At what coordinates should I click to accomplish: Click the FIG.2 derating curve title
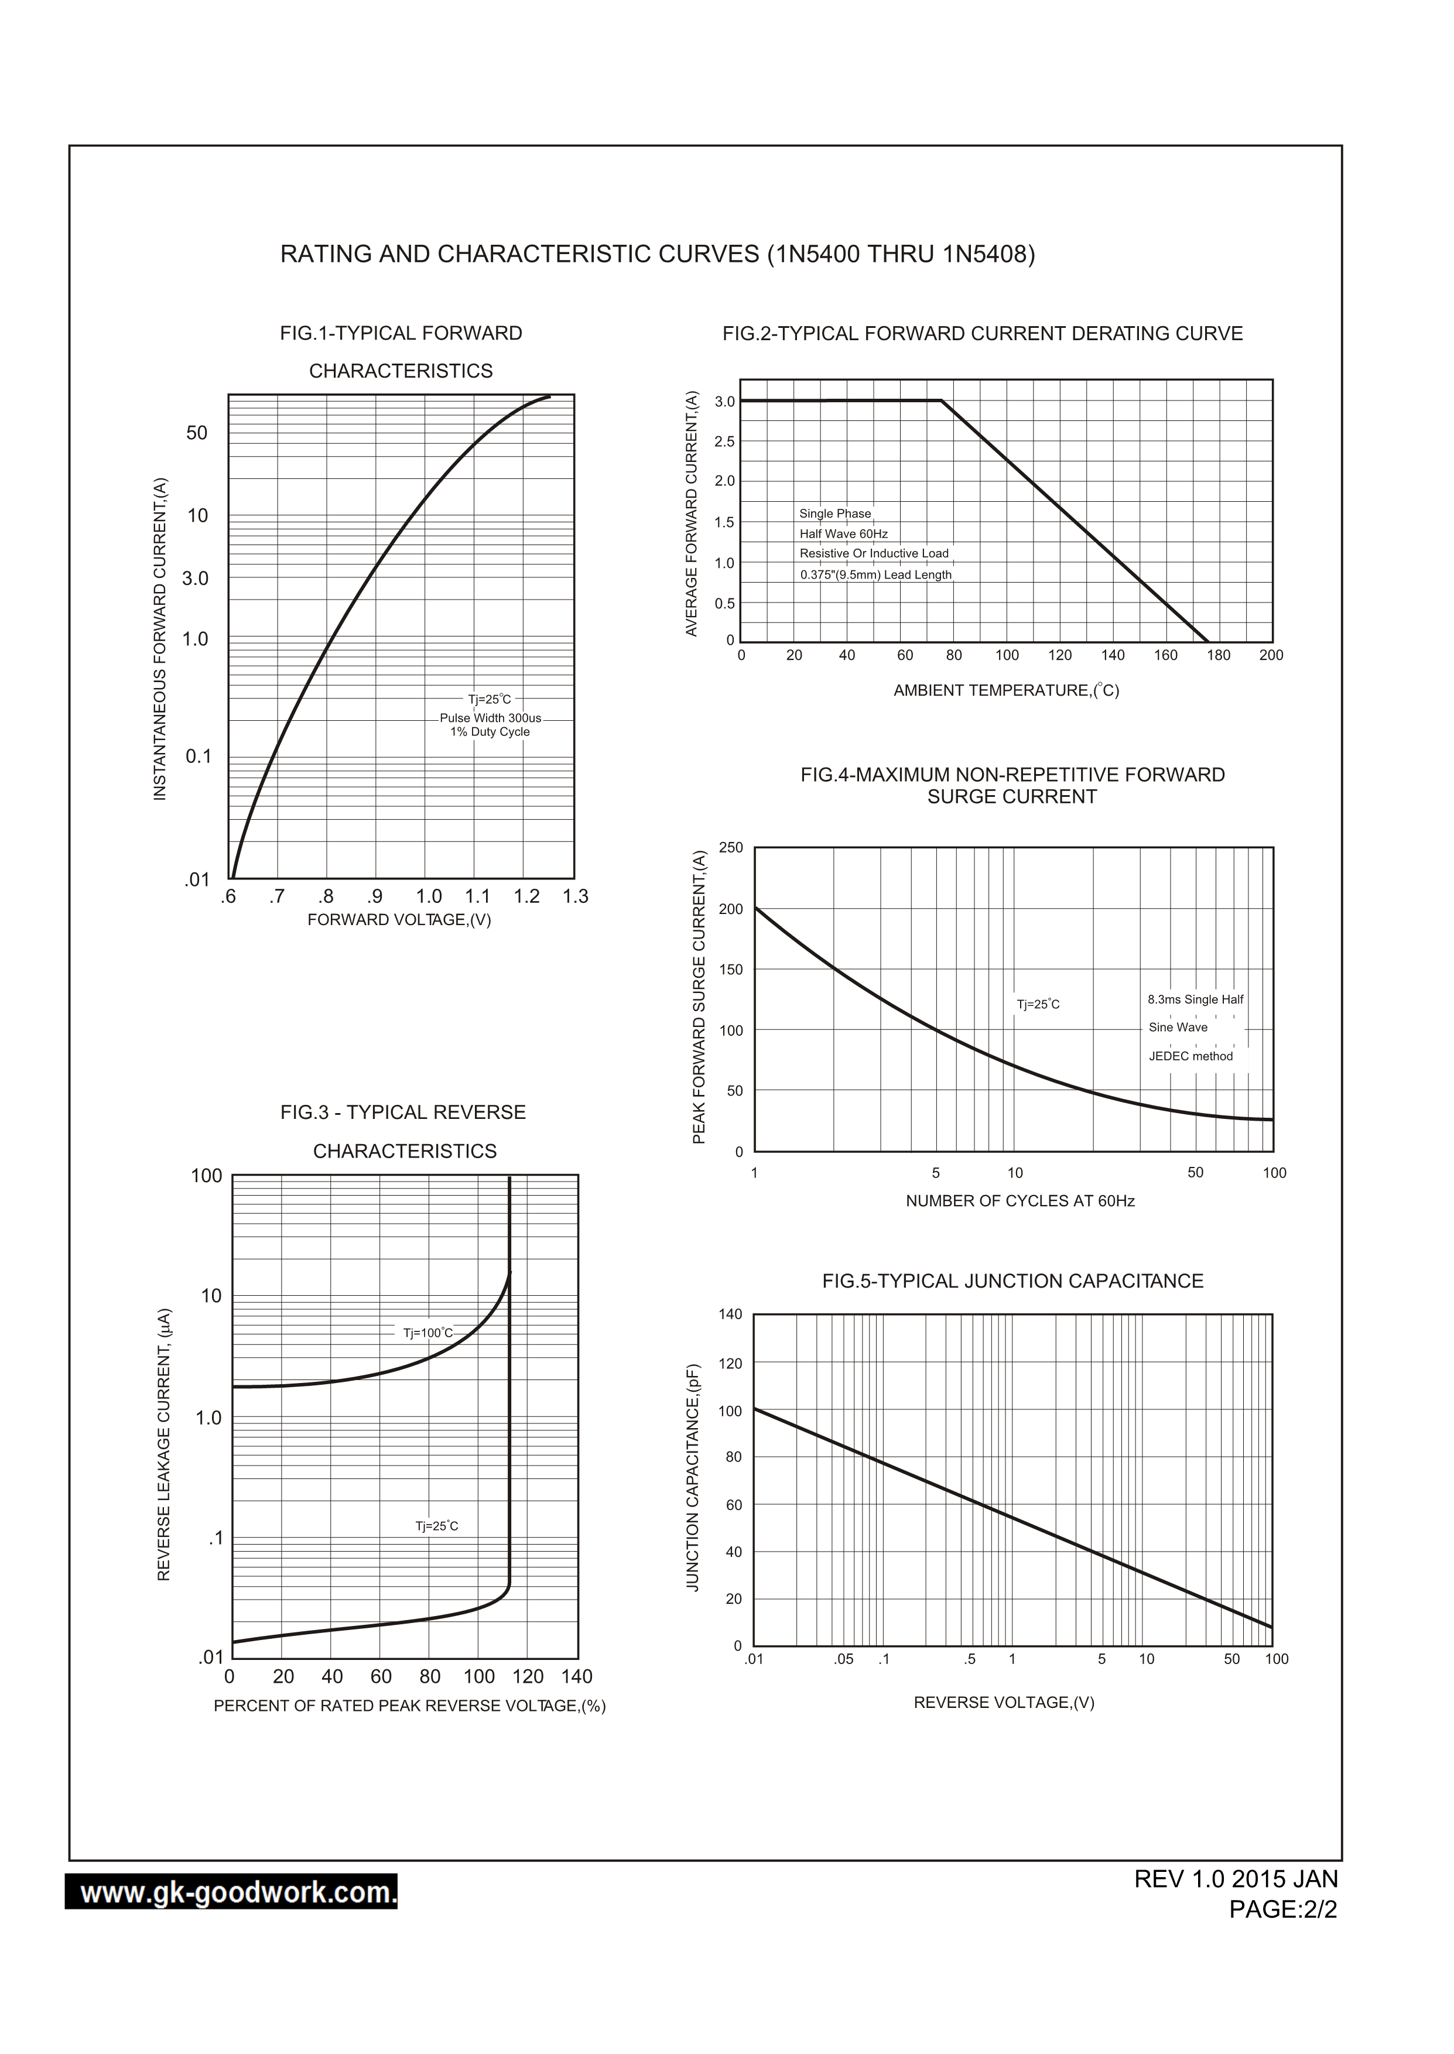982,334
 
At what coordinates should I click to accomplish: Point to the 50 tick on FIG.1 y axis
196,433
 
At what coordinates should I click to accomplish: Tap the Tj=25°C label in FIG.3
436,1526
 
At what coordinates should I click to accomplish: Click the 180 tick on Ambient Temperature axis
1219,655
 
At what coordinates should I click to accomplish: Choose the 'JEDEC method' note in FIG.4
1190,1056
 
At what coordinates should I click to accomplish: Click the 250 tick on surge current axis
731,848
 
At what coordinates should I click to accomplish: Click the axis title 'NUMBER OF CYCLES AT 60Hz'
1019,1201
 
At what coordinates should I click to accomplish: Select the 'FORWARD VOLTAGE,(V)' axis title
399,920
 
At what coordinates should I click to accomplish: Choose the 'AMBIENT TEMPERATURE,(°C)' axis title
1005,690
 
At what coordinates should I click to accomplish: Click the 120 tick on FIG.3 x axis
528,1676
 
